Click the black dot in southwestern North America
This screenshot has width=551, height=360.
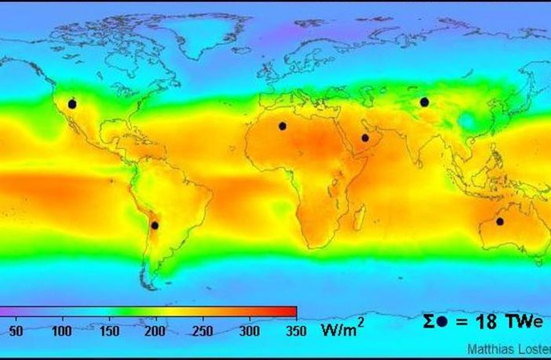tap(72, 104)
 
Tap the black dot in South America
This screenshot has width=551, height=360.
tap(155, 225)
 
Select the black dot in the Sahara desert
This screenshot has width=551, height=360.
tap(282, 125)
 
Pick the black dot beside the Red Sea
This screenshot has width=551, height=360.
tap(365, 138)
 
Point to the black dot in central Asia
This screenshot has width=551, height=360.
tap(424, 102)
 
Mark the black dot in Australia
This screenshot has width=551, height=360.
tap(500, 221)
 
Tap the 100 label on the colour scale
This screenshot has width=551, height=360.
tap(61, 330)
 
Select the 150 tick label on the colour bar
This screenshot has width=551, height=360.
tap(109, 330)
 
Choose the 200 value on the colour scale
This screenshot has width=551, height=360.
tap(155, 330)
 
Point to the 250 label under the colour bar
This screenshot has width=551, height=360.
tap(203, 330)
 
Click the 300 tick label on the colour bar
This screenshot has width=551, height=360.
tap(250, 330)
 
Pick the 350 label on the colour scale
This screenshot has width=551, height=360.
tap(295, 330)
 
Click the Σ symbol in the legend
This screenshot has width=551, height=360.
tap(429, 321)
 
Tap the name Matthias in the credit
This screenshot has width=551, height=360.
tap(488, 349)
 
